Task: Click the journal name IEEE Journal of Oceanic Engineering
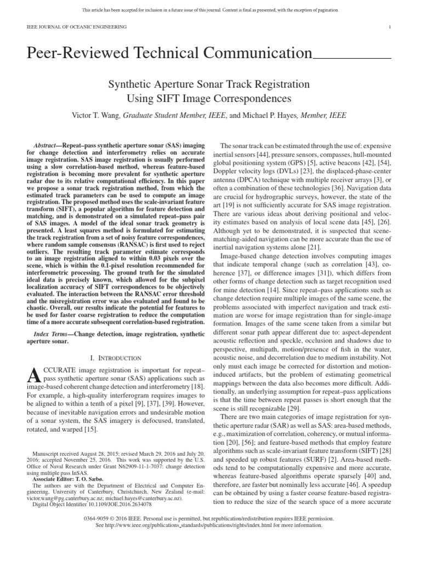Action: point(77,27)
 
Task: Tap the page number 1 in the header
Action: point(389,27)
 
